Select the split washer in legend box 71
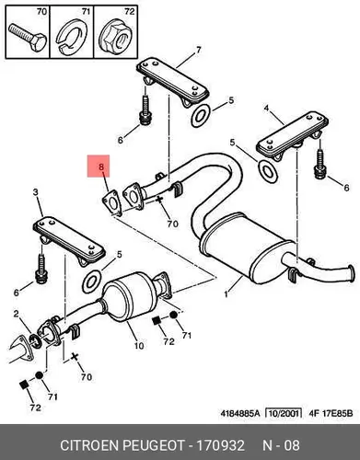tap(71, 37)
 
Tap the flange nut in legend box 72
tap(116, 38)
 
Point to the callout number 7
tap(198, 50)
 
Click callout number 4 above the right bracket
tap(266, 108)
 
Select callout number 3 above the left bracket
tap(36, 192)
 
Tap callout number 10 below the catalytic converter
tap(139, 346)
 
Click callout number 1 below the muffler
tap(226, 294)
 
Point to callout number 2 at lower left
tap(16, 314)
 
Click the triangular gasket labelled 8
tap(110, 201)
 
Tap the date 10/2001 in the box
tap(284, 413)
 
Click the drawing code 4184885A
tap(240, 413)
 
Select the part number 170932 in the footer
tap(220, 445)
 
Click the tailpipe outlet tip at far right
tap(350, 272)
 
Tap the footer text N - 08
tap(281, 445)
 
